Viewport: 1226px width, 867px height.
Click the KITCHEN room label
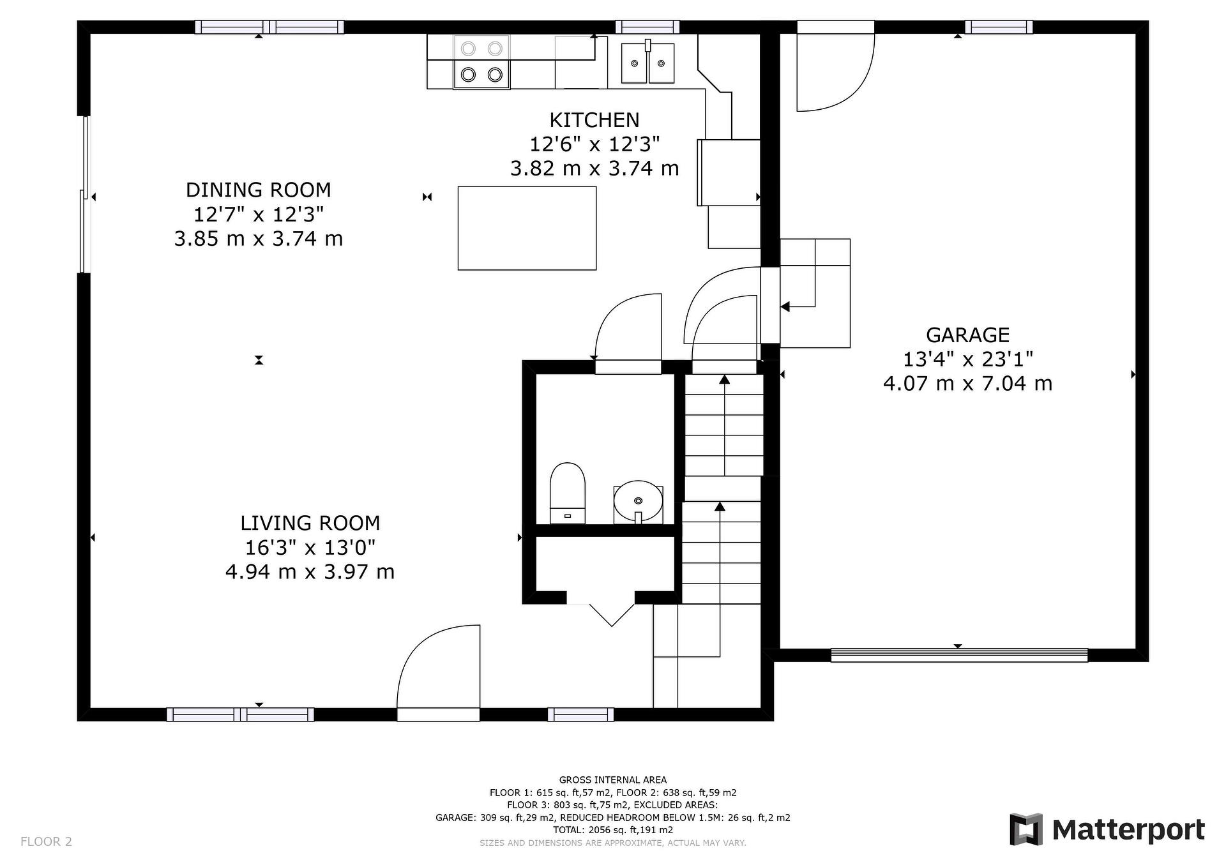point(594,120)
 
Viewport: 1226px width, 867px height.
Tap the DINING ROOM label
point(259,190)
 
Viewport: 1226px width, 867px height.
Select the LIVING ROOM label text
point(310,523)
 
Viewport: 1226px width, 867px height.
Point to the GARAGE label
point(968,335)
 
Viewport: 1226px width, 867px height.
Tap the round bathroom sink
point(638,501)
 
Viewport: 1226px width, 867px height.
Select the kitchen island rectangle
point(527,228)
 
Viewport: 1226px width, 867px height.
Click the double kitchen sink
point(647,63)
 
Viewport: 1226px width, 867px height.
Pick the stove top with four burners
point(481,62)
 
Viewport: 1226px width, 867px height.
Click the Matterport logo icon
point(1025,829)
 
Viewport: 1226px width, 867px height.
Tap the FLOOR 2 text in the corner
point(46,841)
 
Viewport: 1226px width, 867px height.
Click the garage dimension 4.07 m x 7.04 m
point(968,383)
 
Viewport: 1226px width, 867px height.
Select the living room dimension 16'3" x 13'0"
point(310,547)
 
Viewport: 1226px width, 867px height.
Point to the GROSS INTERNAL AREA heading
point(613,780)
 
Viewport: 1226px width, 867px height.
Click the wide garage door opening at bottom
point(959,655)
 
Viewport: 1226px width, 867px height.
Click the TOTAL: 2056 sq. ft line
point(613,830)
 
